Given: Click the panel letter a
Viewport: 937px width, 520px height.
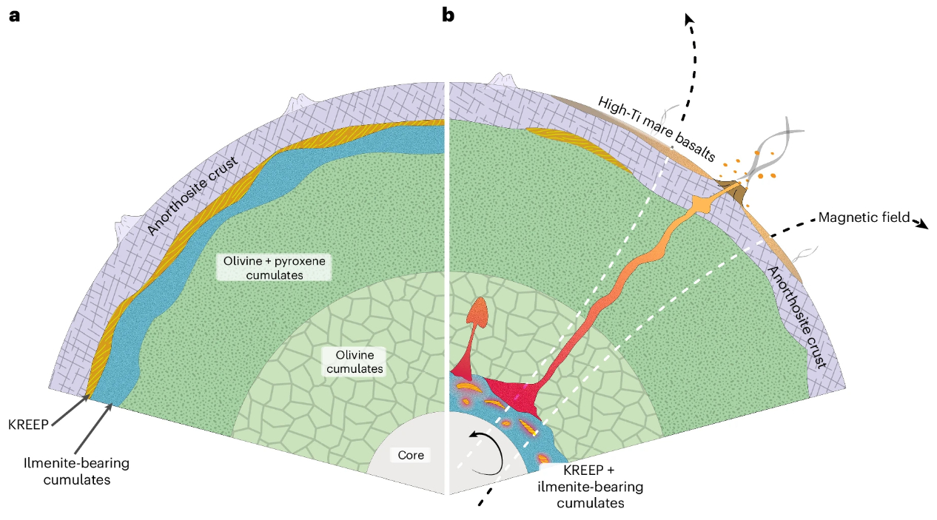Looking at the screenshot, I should coord(14,15).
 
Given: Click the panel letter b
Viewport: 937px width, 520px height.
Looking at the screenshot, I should coord(448,15).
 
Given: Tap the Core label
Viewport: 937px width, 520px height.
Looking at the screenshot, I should coord(411,455).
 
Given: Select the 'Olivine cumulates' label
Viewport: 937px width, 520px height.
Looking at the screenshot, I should coord(355,361).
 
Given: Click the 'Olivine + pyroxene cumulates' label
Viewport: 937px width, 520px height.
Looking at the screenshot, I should coord(273,268).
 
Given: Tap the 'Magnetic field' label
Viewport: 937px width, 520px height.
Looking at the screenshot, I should coord(864,218).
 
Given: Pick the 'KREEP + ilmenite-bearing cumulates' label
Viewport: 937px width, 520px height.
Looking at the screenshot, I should coord(590,487).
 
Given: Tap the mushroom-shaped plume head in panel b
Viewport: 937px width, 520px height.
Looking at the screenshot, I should coord(479,310).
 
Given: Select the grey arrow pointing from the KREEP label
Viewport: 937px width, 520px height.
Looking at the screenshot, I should coord(70,411).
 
